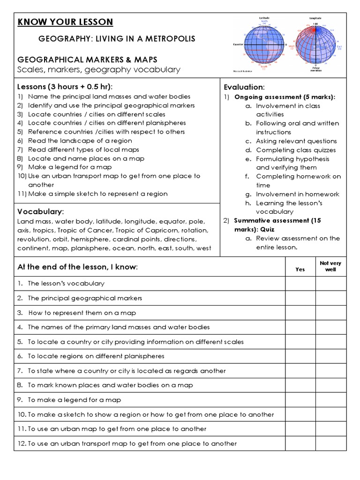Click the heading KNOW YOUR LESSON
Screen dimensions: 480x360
65,22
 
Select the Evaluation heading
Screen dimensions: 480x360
244,87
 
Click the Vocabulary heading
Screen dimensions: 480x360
40,211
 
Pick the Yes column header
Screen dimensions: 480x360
300,269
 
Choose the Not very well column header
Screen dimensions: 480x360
330,266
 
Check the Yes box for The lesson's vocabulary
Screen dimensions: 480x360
300,284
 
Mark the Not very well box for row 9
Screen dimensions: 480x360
330,400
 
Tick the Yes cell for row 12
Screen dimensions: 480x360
300,443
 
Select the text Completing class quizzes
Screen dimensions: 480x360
296,150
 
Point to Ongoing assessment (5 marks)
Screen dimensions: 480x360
285,97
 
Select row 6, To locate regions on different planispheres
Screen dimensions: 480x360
96,356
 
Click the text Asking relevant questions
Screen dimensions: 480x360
296,141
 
